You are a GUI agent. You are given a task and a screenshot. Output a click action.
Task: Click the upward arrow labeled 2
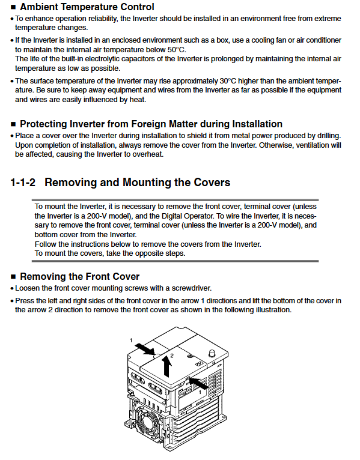click(167, 366)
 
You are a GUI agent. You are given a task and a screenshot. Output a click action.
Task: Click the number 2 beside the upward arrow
click(172, 356)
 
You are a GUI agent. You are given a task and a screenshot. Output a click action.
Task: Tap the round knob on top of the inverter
click(212, 353)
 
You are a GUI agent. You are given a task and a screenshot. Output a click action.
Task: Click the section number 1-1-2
click(23, 183)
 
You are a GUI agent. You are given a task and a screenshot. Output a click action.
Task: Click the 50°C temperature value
click(177, 50)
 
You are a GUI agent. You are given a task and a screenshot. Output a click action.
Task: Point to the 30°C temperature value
click(228, 81)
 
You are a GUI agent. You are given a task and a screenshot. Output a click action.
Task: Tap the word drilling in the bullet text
click(329, 136)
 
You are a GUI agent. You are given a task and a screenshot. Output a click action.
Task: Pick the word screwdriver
click(192, 288)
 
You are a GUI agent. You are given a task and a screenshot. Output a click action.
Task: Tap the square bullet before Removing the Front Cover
click(13, 277)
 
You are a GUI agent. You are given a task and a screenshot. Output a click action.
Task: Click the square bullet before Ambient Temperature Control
click(13, 7)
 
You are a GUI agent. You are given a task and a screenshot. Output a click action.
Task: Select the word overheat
click(148, 154)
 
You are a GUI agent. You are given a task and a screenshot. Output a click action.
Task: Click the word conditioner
click(323, 40)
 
